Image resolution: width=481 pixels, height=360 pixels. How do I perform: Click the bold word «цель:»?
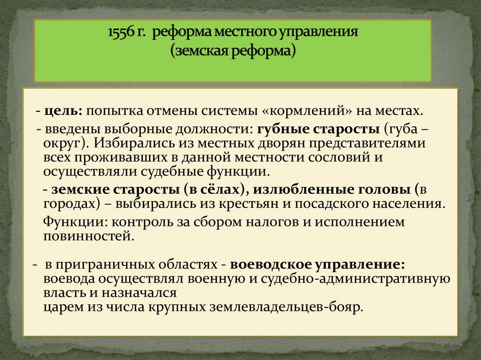coord(64,112)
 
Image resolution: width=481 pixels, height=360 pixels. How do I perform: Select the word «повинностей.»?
coord(89,236)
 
